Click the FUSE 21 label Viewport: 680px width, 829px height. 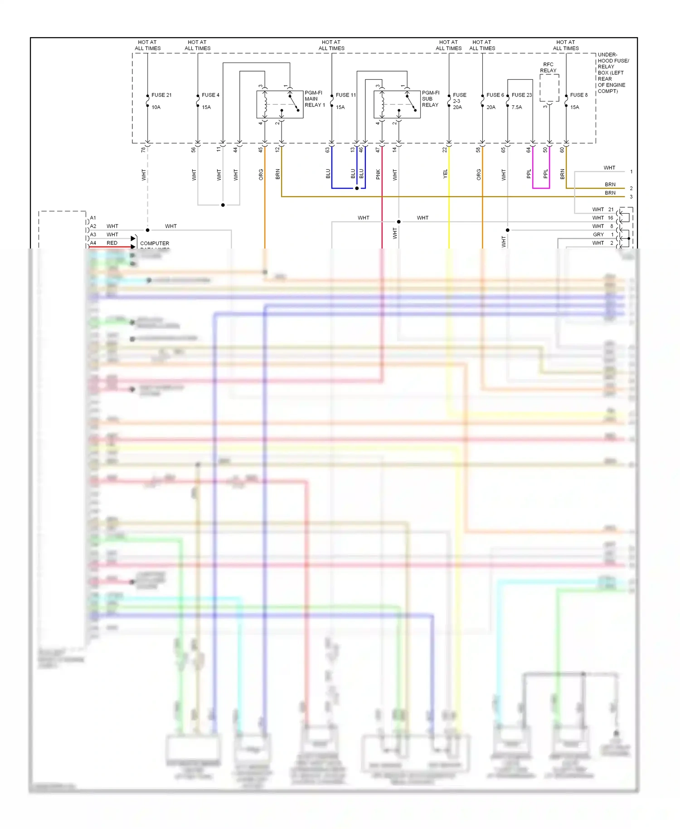[x=161, y=95]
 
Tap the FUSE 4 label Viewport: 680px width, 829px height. [x=210, y=95]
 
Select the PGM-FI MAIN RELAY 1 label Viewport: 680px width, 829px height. [x=314, y=99]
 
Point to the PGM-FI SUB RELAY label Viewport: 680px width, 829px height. [x=430, y=99]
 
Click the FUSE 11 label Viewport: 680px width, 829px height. [x=345, y=95]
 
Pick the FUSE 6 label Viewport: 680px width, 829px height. [x=495, y=95]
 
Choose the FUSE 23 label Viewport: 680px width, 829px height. [x=521, y=95]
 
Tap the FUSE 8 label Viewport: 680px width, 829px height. [x=578, y=95]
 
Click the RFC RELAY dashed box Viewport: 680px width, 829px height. [x=549, y=88]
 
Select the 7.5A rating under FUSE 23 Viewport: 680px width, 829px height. [x=517, y=107]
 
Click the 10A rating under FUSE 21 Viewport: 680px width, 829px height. [x=156, y=107]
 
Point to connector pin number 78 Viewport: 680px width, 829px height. [x=143, y=150]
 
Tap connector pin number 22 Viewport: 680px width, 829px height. [x=445, y=150]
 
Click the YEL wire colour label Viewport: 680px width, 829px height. [x=445, y=174]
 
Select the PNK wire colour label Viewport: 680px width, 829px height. [x=378, y=174]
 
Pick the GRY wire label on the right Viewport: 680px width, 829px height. [x=598, y=235]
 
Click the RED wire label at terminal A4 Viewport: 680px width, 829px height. [x=112, y=243]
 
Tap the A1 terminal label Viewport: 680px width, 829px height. [x=93, y=218]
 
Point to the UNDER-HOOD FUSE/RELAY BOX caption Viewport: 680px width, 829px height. [x=613, y=73]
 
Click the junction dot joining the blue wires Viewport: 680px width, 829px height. [x=357, y=188]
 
